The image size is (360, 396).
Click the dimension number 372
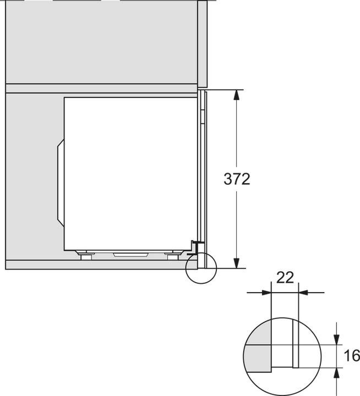click(x=237, y=179)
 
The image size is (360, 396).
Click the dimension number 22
click(x=285, y=278)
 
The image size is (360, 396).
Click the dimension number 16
click(x=351, y=355)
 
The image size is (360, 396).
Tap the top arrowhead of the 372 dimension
click(x=237, y=94)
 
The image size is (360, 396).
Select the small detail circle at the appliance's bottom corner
click(x=201, y=269)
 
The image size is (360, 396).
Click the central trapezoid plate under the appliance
click(x=130, y=255)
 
